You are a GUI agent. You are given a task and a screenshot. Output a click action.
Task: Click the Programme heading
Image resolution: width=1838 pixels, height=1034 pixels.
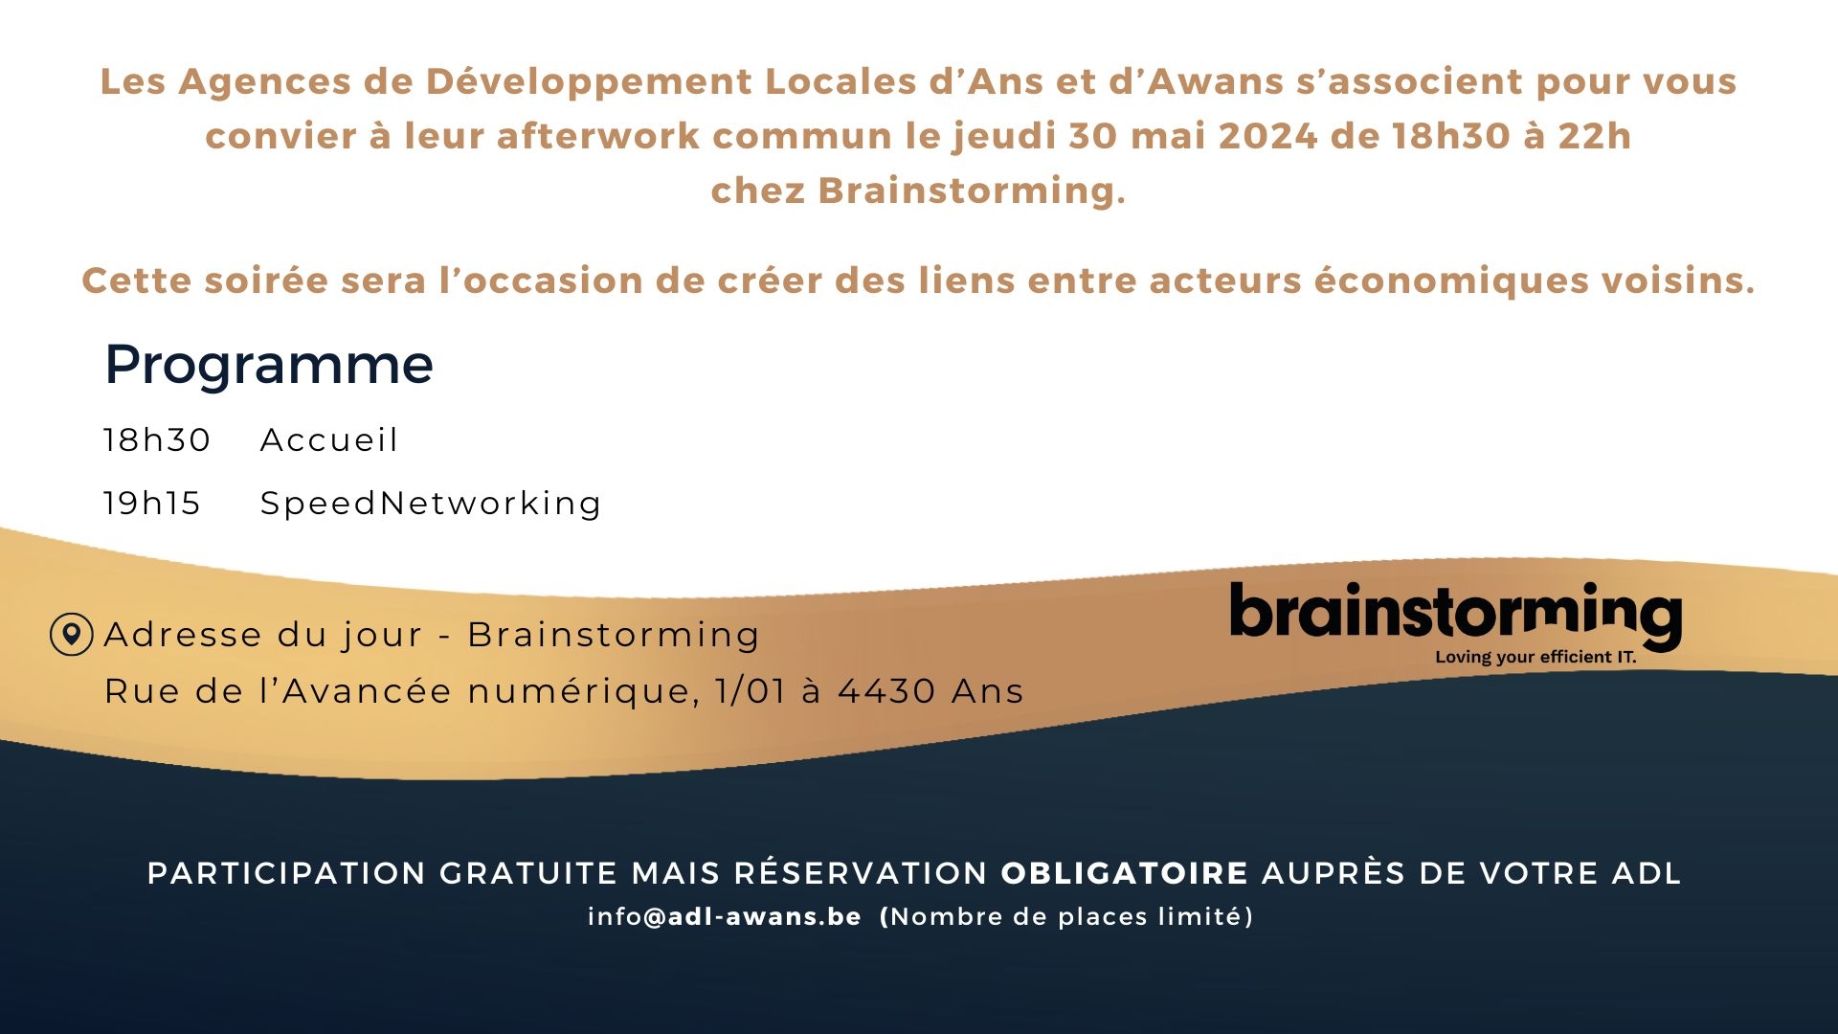[x=269, y=366]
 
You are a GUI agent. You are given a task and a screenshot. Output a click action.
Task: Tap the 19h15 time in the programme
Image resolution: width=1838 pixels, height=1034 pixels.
[x=152, y=503]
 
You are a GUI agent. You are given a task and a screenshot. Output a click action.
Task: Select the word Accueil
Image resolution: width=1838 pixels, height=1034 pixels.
[x=329, y=439]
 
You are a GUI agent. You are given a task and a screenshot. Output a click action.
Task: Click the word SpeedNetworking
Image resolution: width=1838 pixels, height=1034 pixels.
[x=431, y=504]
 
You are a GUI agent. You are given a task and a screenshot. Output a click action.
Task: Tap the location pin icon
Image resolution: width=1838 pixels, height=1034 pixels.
[x=71, y=634]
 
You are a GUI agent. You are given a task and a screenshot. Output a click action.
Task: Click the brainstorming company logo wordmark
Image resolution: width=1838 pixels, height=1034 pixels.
[x=1455, y=615]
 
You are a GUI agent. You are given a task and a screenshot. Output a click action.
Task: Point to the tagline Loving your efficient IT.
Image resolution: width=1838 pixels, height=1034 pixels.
[x=1535, y=657]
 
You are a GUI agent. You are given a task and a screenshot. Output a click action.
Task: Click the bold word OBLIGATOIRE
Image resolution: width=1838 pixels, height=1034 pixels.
[x=1125, y=873]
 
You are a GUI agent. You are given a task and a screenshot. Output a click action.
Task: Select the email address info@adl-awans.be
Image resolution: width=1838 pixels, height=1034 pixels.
[x=725, y=916]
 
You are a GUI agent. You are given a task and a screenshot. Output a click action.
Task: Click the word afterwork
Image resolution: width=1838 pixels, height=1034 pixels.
[x=598, y=136]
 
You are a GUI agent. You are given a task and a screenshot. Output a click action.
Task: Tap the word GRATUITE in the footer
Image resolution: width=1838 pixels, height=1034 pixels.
[x=528, y=873]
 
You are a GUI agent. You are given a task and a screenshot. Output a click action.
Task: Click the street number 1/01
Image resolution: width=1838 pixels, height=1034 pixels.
[x=751, y=690]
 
